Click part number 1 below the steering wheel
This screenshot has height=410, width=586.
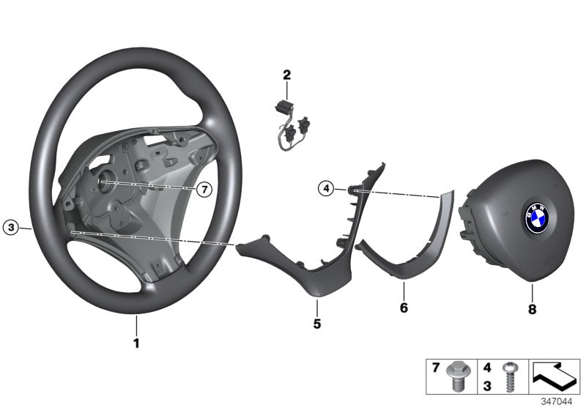(136, 342)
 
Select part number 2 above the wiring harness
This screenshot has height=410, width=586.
(286, 75)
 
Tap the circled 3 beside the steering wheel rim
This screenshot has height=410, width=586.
(10, 228)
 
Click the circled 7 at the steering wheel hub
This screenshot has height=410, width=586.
(204, 190)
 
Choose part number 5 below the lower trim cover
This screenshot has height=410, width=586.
(316, 322)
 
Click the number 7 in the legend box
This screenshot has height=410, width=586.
(435, 365)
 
